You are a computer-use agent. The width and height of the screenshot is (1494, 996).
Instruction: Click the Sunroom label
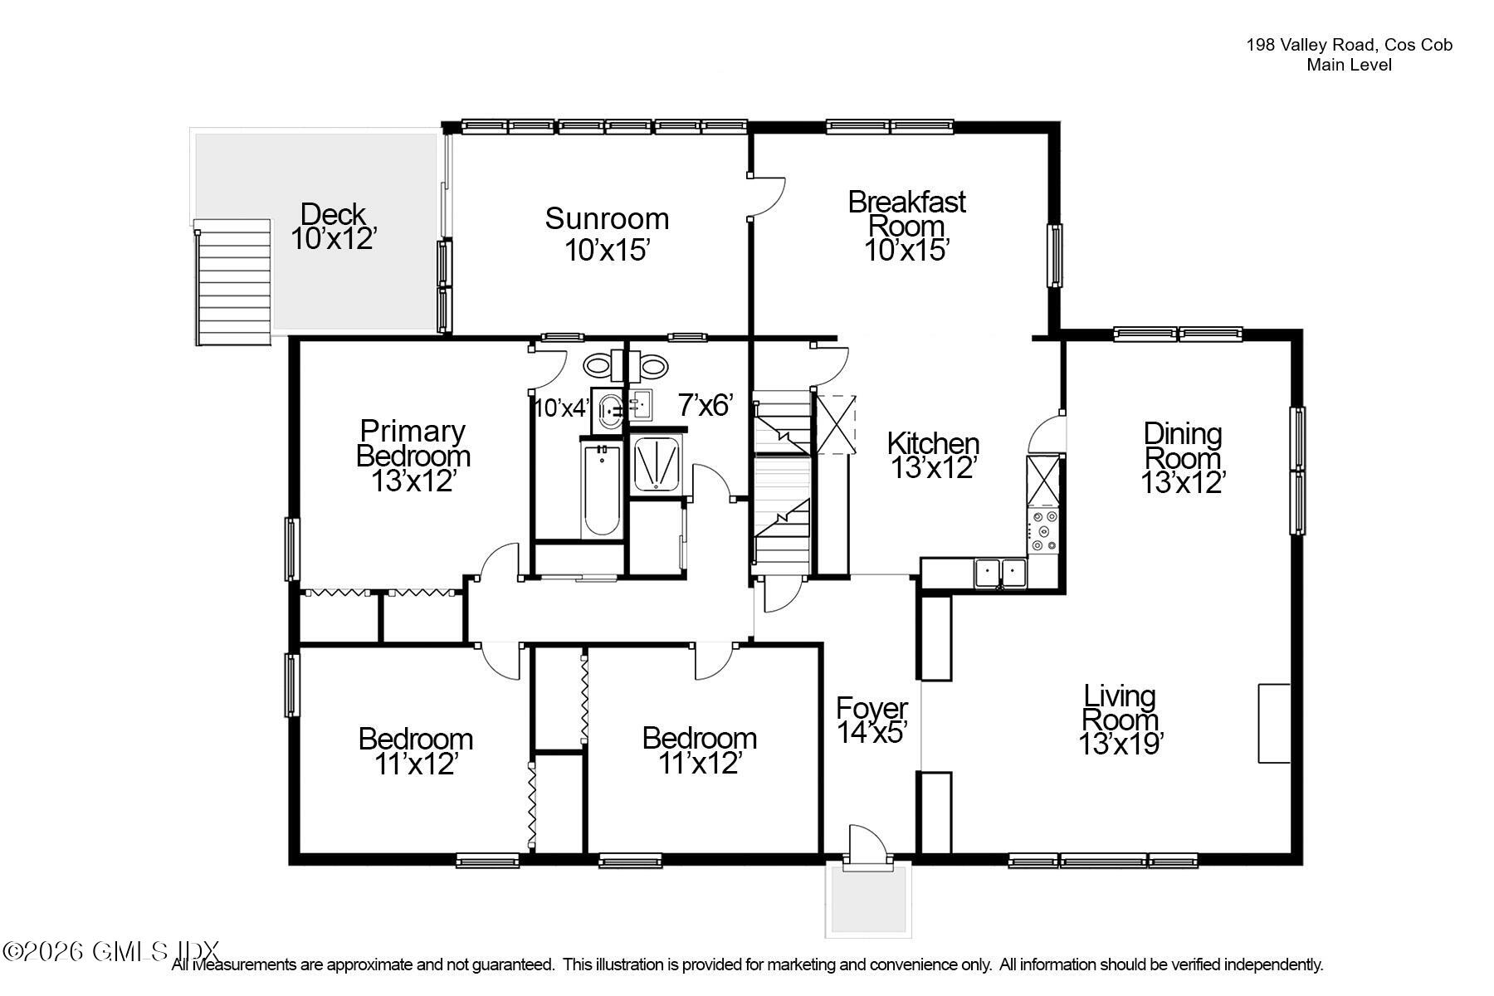(607, 219)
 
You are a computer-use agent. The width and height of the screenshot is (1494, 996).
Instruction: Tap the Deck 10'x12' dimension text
(334, 239)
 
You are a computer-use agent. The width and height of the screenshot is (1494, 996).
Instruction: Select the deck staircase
(234, 283)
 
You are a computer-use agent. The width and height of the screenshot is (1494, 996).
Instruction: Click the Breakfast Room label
(906, 213)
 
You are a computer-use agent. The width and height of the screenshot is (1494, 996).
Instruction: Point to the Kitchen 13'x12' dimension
(931, 468)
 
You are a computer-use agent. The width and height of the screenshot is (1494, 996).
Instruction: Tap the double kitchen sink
(999, 572)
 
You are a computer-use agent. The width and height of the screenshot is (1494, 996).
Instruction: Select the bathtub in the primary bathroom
(601, 490)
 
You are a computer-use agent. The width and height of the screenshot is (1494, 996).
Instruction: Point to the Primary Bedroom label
(413, 443)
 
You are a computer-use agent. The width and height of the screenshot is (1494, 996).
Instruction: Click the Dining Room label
(1182, 446)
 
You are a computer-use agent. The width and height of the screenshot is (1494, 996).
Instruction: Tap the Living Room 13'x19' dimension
(1120, 745)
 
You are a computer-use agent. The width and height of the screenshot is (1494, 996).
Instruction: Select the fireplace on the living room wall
(1273, 723)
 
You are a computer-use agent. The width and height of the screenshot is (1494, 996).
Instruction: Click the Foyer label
(871, 709)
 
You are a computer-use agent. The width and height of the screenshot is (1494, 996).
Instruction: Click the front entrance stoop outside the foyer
(868, 901)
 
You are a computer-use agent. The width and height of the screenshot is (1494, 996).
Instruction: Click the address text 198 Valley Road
(1348, 46)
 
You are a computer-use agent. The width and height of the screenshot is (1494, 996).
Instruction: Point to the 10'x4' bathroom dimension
(560, 408)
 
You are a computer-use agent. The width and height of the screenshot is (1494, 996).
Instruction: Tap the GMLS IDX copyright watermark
(111, 951)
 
